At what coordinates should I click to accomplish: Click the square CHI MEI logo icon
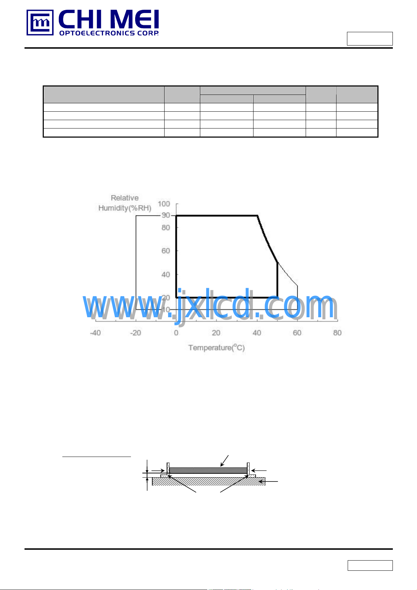click(x=40, y=23)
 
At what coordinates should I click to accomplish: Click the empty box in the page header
click(x=370, y=39)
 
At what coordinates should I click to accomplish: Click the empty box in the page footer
click(x=370, y=565)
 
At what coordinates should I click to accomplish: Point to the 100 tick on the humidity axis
click(x=164, y=204)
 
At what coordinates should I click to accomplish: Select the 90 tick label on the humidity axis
click(x=166, y=215)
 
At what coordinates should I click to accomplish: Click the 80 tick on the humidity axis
click(x=166, y=228)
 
